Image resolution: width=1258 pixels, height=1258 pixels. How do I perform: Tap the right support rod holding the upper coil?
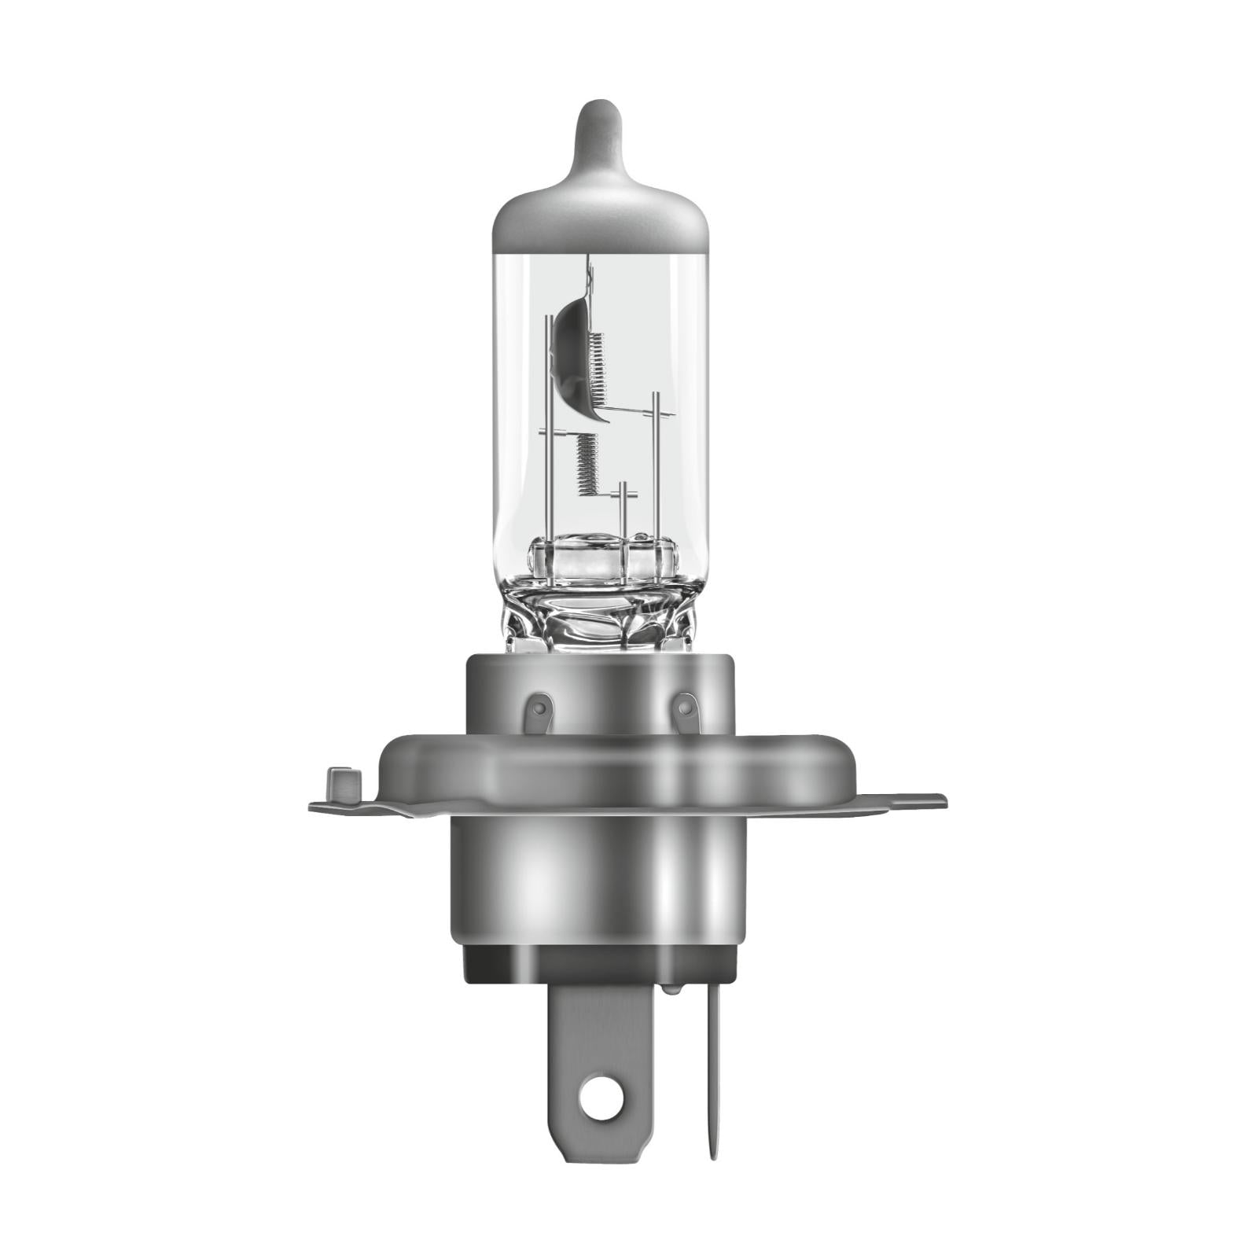tap(655, 472)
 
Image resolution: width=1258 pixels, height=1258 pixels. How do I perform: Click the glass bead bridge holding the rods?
tap(601, 558)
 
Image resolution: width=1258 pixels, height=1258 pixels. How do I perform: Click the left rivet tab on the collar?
tap(539, 711)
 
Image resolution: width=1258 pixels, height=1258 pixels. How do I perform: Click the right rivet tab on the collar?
tap(686, 711)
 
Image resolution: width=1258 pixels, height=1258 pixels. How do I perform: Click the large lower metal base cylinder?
tap(598, 881)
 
